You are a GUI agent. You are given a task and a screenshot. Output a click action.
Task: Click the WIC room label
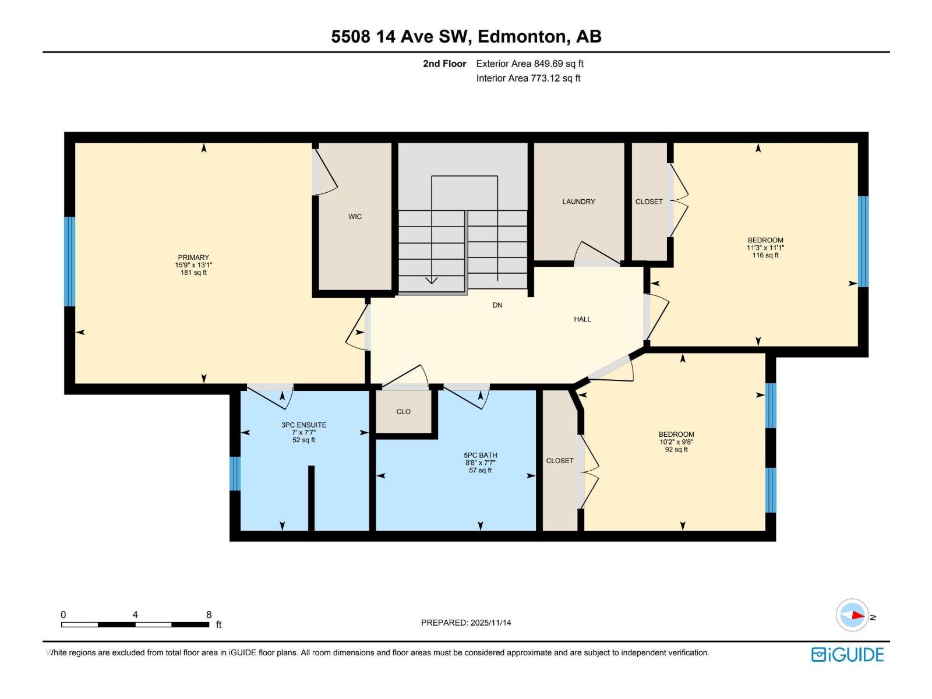click(355, 217)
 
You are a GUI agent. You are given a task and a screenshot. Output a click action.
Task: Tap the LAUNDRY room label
click(578, 202)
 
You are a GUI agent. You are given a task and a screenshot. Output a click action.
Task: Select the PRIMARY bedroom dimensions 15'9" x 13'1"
click(193, 265)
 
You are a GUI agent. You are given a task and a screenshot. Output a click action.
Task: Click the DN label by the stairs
click(497, 305)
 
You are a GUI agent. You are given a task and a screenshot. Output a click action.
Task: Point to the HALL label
click(582, 319)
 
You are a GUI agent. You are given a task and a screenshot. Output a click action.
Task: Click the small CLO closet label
click(403, 412)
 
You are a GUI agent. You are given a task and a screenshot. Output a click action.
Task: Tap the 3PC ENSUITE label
click(303, 425)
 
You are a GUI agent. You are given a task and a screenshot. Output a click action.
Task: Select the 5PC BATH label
click(480, 456)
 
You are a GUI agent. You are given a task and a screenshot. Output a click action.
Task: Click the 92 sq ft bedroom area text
click(676, 450)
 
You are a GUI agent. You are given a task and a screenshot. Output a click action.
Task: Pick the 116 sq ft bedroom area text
click(765, 255)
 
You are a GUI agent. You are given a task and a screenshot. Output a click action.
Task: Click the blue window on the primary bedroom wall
click(70, 262)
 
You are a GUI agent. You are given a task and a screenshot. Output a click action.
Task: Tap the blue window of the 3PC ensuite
click(235, 474)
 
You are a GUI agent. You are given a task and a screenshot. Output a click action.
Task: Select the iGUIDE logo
click(847, 655)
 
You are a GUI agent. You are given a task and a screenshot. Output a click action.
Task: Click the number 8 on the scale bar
click(209, 615)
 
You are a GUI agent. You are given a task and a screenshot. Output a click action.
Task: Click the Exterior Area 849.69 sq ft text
click(529, 64)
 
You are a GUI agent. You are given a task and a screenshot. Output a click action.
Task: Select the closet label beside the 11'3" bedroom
click(649, 202)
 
